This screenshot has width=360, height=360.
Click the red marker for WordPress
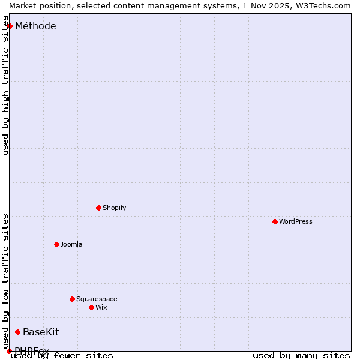point(275,221)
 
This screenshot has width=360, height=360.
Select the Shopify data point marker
point(98,208)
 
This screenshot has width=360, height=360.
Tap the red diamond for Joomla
point(56,244)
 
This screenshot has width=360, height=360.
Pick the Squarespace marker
point(72,299)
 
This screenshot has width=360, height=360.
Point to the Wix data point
point(91,307)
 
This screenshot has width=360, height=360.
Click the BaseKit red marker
point(17,332)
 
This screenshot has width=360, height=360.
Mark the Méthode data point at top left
point(10,26)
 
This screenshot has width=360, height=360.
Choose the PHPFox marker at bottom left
point(9,351)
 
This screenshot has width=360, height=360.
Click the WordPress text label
point(295,221)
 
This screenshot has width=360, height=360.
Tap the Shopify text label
point(114,208)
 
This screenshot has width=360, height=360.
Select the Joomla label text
point(71,244)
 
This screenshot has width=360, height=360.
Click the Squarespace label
point(97,299)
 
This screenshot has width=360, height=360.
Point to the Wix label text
point(101,307)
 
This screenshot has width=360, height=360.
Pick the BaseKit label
point(41,332)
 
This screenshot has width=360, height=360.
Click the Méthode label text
point(35,26)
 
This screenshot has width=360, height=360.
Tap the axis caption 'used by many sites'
point(301,355)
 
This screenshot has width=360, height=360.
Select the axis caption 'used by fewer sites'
point(62,355)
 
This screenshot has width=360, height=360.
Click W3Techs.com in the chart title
point(322,5)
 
